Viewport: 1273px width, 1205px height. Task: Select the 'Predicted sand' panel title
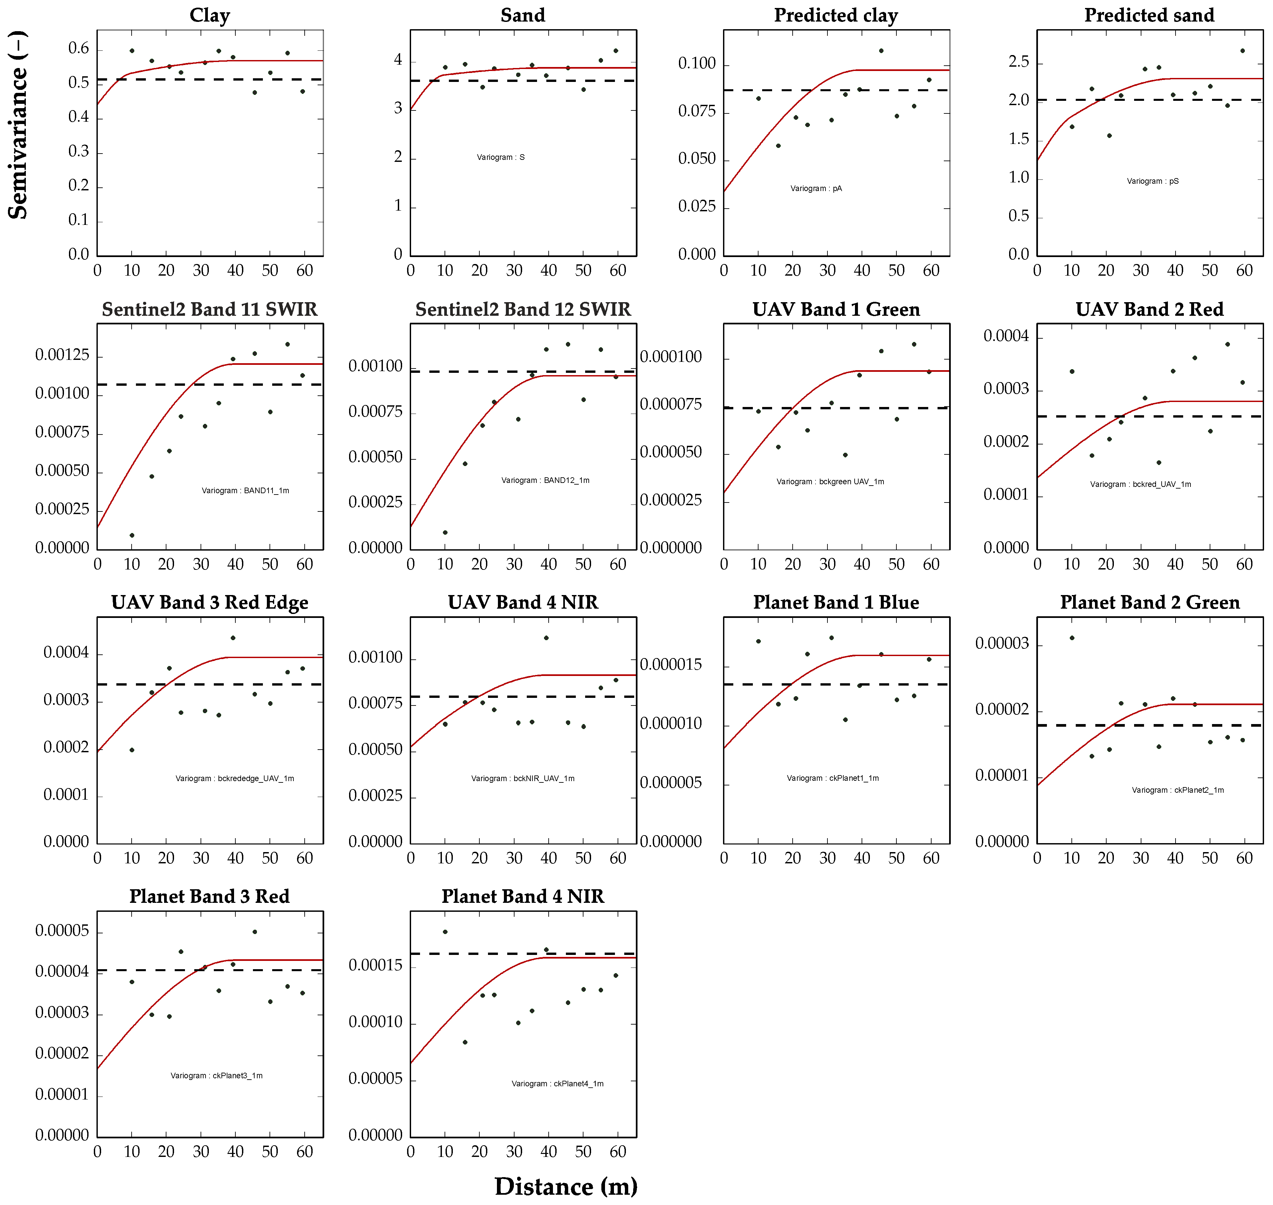[1149, 15]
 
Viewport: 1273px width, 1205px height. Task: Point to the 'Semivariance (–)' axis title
[18, 125]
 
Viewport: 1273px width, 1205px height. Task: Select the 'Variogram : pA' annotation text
[816, 188]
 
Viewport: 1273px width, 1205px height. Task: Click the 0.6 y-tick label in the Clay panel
[79, 49]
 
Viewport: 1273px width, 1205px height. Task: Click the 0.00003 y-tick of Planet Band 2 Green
[1001, 643]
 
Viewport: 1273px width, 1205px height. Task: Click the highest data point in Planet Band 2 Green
[1072, 638]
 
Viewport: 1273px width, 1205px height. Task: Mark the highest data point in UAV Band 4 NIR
[546, 638]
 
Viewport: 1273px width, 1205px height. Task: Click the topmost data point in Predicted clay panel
[881, 51]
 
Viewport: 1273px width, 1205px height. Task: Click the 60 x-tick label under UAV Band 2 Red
[1244, 565]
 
